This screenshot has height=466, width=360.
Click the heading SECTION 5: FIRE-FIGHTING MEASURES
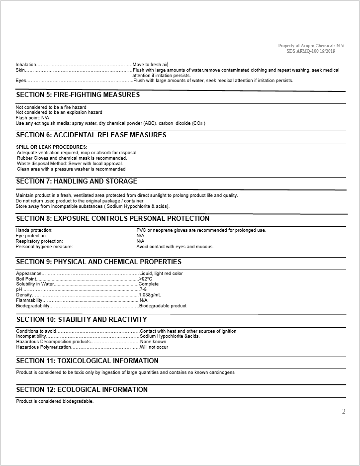(x=78, y=94)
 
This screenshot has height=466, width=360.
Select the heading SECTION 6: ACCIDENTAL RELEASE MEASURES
(x=91, y=135)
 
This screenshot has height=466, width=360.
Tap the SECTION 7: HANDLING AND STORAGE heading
(x=77, y=181)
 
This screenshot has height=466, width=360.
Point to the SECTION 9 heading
(x=98, y=262)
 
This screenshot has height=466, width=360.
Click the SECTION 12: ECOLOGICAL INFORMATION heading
(x=82, y=389)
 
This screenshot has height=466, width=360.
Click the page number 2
(x=344, y=411)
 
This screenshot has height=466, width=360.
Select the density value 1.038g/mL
(x=150, y=295)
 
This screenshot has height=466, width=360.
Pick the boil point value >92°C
(x=146, y=279)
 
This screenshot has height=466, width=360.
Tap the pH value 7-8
(x=143, y=289)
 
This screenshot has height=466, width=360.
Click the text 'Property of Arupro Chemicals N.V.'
(x=311, y=46)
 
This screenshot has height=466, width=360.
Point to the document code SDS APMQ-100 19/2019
(x=311, y=51)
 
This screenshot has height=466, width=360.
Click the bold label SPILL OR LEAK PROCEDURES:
(x=52, y=147)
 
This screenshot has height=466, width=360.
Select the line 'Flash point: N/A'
(x=33, y=118)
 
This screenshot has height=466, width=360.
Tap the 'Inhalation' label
(x=26, y=65)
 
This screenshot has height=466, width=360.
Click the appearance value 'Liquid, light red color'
(x=161, y=274)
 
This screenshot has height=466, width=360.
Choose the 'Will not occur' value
(x=154, y=347)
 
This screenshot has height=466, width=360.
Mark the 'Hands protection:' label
(x=34, y=230)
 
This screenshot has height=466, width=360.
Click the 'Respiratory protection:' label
(x=39, y=241)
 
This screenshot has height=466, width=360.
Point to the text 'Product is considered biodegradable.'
(x=55, y=401)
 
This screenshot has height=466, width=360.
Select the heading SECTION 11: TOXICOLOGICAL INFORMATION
(x=87, y=361)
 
